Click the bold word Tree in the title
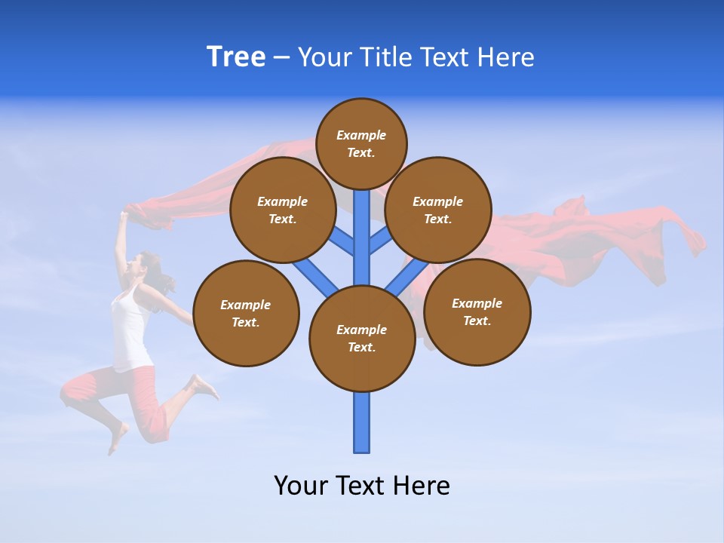236,57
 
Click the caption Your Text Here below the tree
362,486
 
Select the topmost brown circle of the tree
361,143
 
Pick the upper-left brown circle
283,210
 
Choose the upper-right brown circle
438,210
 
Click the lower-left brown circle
246,313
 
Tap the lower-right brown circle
477,311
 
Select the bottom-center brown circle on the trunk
362,338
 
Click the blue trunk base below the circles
362,422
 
